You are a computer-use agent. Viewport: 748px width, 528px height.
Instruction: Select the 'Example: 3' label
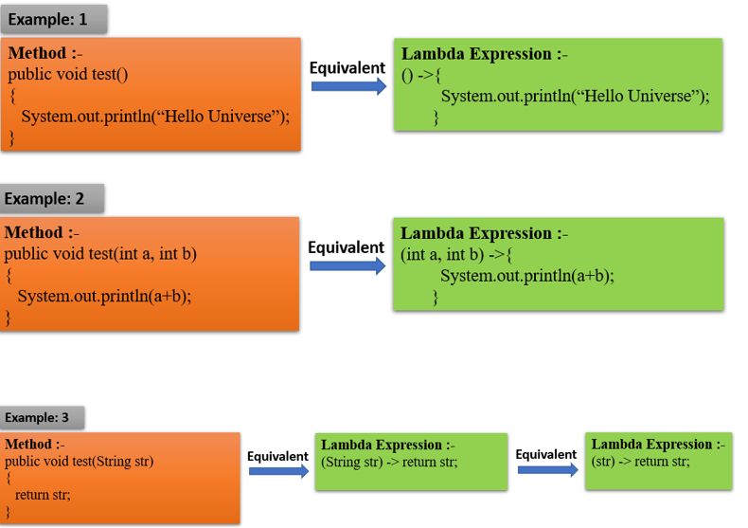tap(37, 417)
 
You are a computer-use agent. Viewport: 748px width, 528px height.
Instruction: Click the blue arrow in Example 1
tap(347, 87)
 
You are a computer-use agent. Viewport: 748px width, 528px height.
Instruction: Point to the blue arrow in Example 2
tap(347, 266)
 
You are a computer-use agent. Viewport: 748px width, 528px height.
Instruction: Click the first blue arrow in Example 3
tap(277, 472)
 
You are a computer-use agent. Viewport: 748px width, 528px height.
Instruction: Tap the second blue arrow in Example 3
tap(547, 469)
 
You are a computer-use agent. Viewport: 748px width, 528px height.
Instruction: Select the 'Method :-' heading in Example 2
tap(43, 232)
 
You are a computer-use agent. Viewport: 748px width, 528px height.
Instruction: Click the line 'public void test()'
tap(67, 74)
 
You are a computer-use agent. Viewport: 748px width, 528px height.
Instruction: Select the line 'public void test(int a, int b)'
tap(100, 254)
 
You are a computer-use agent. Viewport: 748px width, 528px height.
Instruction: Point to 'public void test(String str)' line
tap(80, 462)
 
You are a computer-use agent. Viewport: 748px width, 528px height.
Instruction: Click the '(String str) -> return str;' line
tap(389, 462)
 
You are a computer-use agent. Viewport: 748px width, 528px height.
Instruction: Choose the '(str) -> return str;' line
tap(641, 461)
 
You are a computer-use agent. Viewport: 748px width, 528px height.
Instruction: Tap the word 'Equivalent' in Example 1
tap(347, 67)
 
